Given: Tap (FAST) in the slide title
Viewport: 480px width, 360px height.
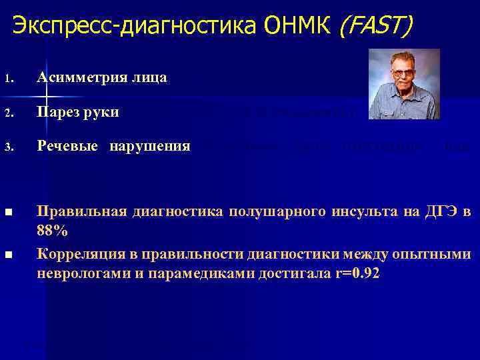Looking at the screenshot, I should point(376,26).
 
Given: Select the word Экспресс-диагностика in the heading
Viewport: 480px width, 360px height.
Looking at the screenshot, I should point(135,26).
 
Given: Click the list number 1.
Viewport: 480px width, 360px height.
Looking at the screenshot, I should point(7,79).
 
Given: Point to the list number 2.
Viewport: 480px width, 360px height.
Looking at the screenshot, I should point(7,113).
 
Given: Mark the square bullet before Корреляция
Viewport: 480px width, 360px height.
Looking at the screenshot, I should point(8,255).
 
